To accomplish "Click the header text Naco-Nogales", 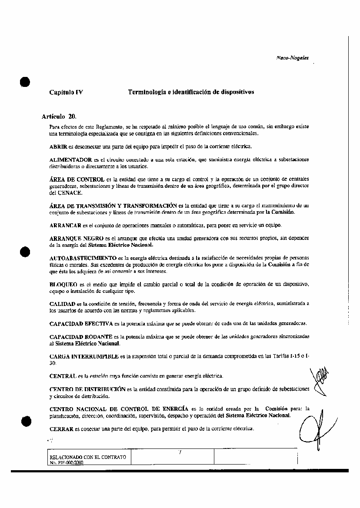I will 292,58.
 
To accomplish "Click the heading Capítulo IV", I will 66,92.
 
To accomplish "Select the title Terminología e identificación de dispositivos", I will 191,92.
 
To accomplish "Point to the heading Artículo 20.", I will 59,116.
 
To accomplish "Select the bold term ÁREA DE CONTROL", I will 77,179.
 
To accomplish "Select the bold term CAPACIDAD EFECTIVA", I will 81,324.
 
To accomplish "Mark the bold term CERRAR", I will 61,428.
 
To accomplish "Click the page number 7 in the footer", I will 180,453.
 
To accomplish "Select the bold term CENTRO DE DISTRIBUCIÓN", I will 87,389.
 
